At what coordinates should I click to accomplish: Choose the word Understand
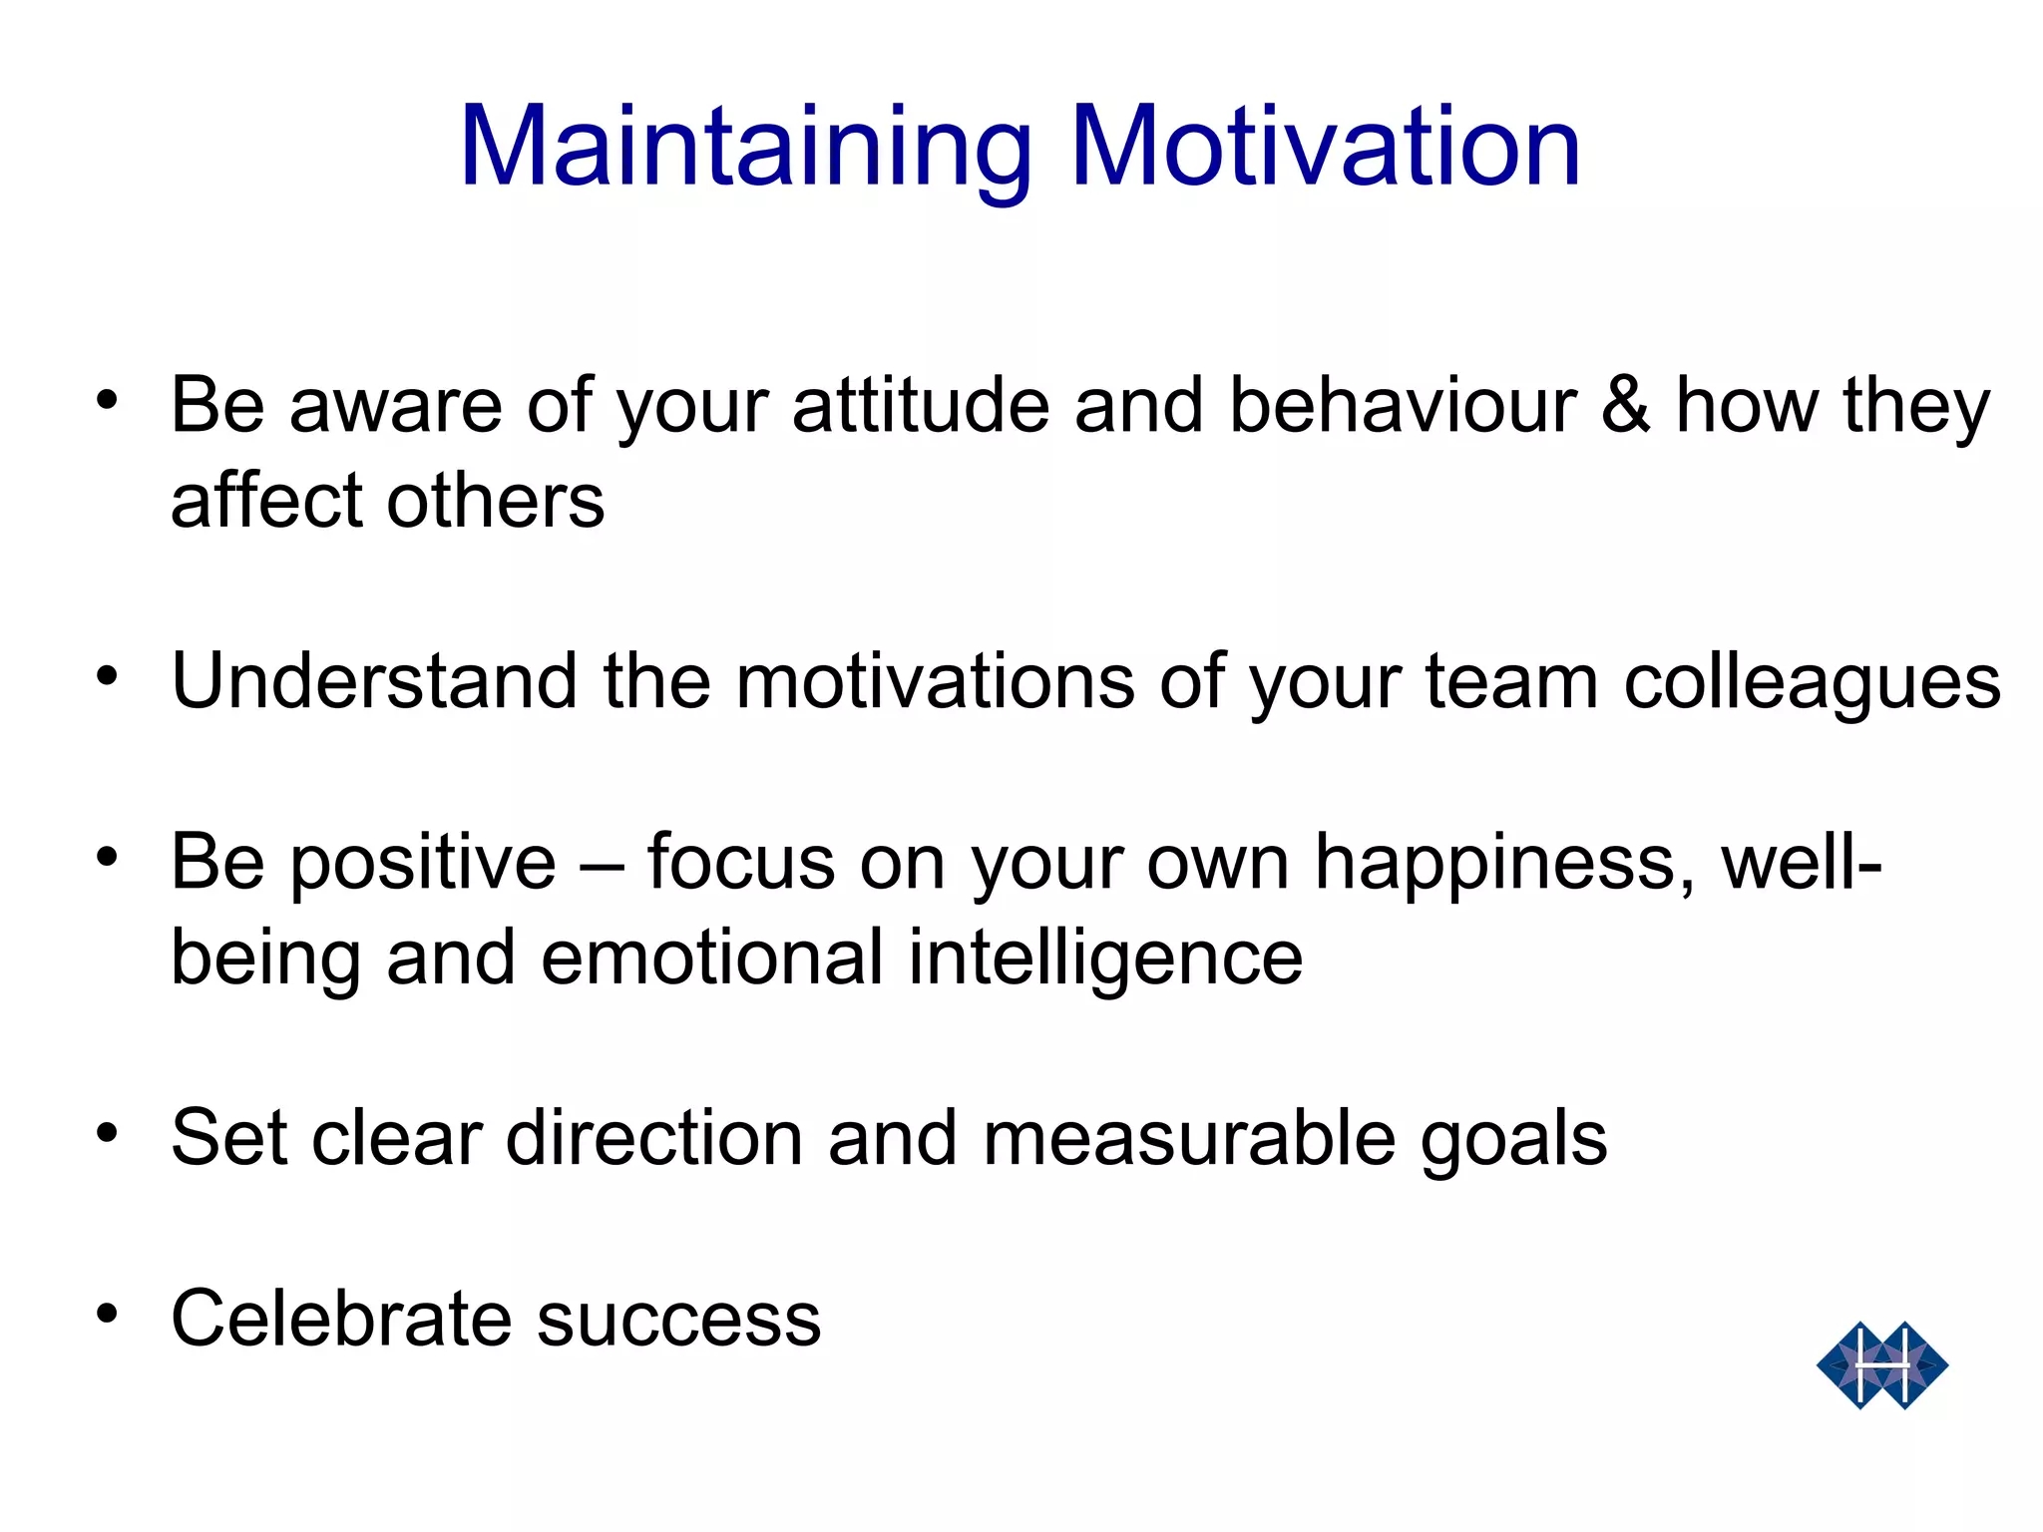click(374, 681)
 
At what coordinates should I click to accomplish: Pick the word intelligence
click(1105, 958)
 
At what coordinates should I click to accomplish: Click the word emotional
click(712, 957)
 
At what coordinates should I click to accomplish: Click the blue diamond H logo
click(1881, 1365)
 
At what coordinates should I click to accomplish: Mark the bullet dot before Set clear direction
click(108, 1133)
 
